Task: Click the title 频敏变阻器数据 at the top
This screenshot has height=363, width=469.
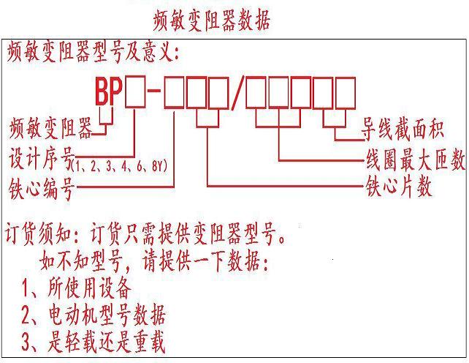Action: click(212, 20)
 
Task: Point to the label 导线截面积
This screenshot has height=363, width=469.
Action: click(403, 132)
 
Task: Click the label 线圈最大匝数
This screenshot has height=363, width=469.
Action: click(415, 161)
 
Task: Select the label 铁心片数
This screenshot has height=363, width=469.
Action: click(398, 187)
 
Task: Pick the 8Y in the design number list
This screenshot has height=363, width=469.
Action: click(160, 166)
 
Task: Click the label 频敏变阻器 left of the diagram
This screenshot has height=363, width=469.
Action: click(51, 131)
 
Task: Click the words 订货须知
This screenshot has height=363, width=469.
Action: click(41, 237)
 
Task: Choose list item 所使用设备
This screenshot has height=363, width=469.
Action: click(77, 287)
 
